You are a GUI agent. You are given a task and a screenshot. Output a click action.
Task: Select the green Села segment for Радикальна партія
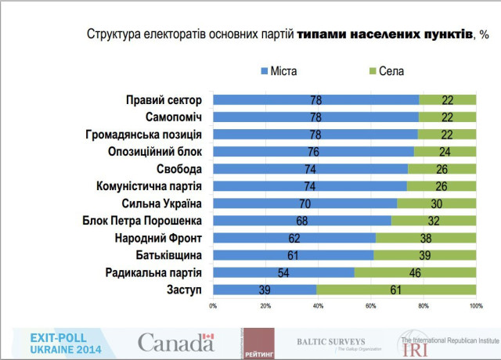(415, 272)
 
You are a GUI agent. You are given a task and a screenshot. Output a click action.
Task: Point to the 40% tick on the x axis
(318, 305)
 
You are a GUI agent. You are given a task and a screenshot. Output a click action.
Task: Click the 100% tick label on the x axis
(474, 305)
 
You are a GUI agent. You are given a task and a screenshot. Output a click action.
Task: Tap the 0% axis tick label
(213, 305)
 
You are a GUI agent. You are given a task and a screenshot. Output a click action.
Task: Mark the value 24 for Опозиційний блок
(444, 152)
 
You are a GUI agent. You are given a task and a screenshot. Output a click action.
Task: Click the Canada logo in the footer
(175, 341)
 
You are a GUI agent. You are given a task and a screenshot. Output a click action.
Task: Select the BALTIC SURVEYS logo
(331, 342)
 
